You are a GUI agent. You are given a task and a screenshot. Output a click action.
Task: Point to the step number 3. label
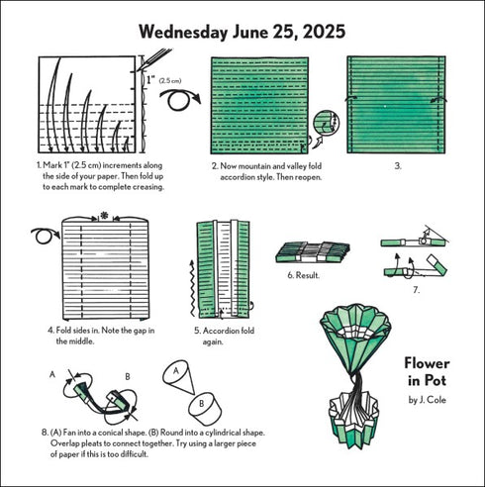point(397,165)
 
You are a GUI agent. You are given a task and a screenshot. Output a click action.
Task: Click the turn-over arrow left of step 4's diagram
point(42,237)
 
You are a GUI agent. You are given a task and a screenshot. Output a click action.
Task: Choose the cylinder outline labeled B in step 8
point(204,405)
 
